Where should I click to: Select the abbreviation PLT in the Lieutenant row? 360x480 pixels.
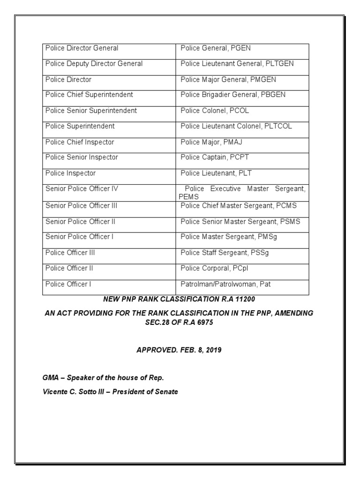(245, 173)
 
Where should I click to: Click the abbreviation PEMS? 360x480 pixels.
(189, 197)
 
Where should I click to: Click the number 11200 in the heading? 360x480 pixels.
(245, 299)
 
